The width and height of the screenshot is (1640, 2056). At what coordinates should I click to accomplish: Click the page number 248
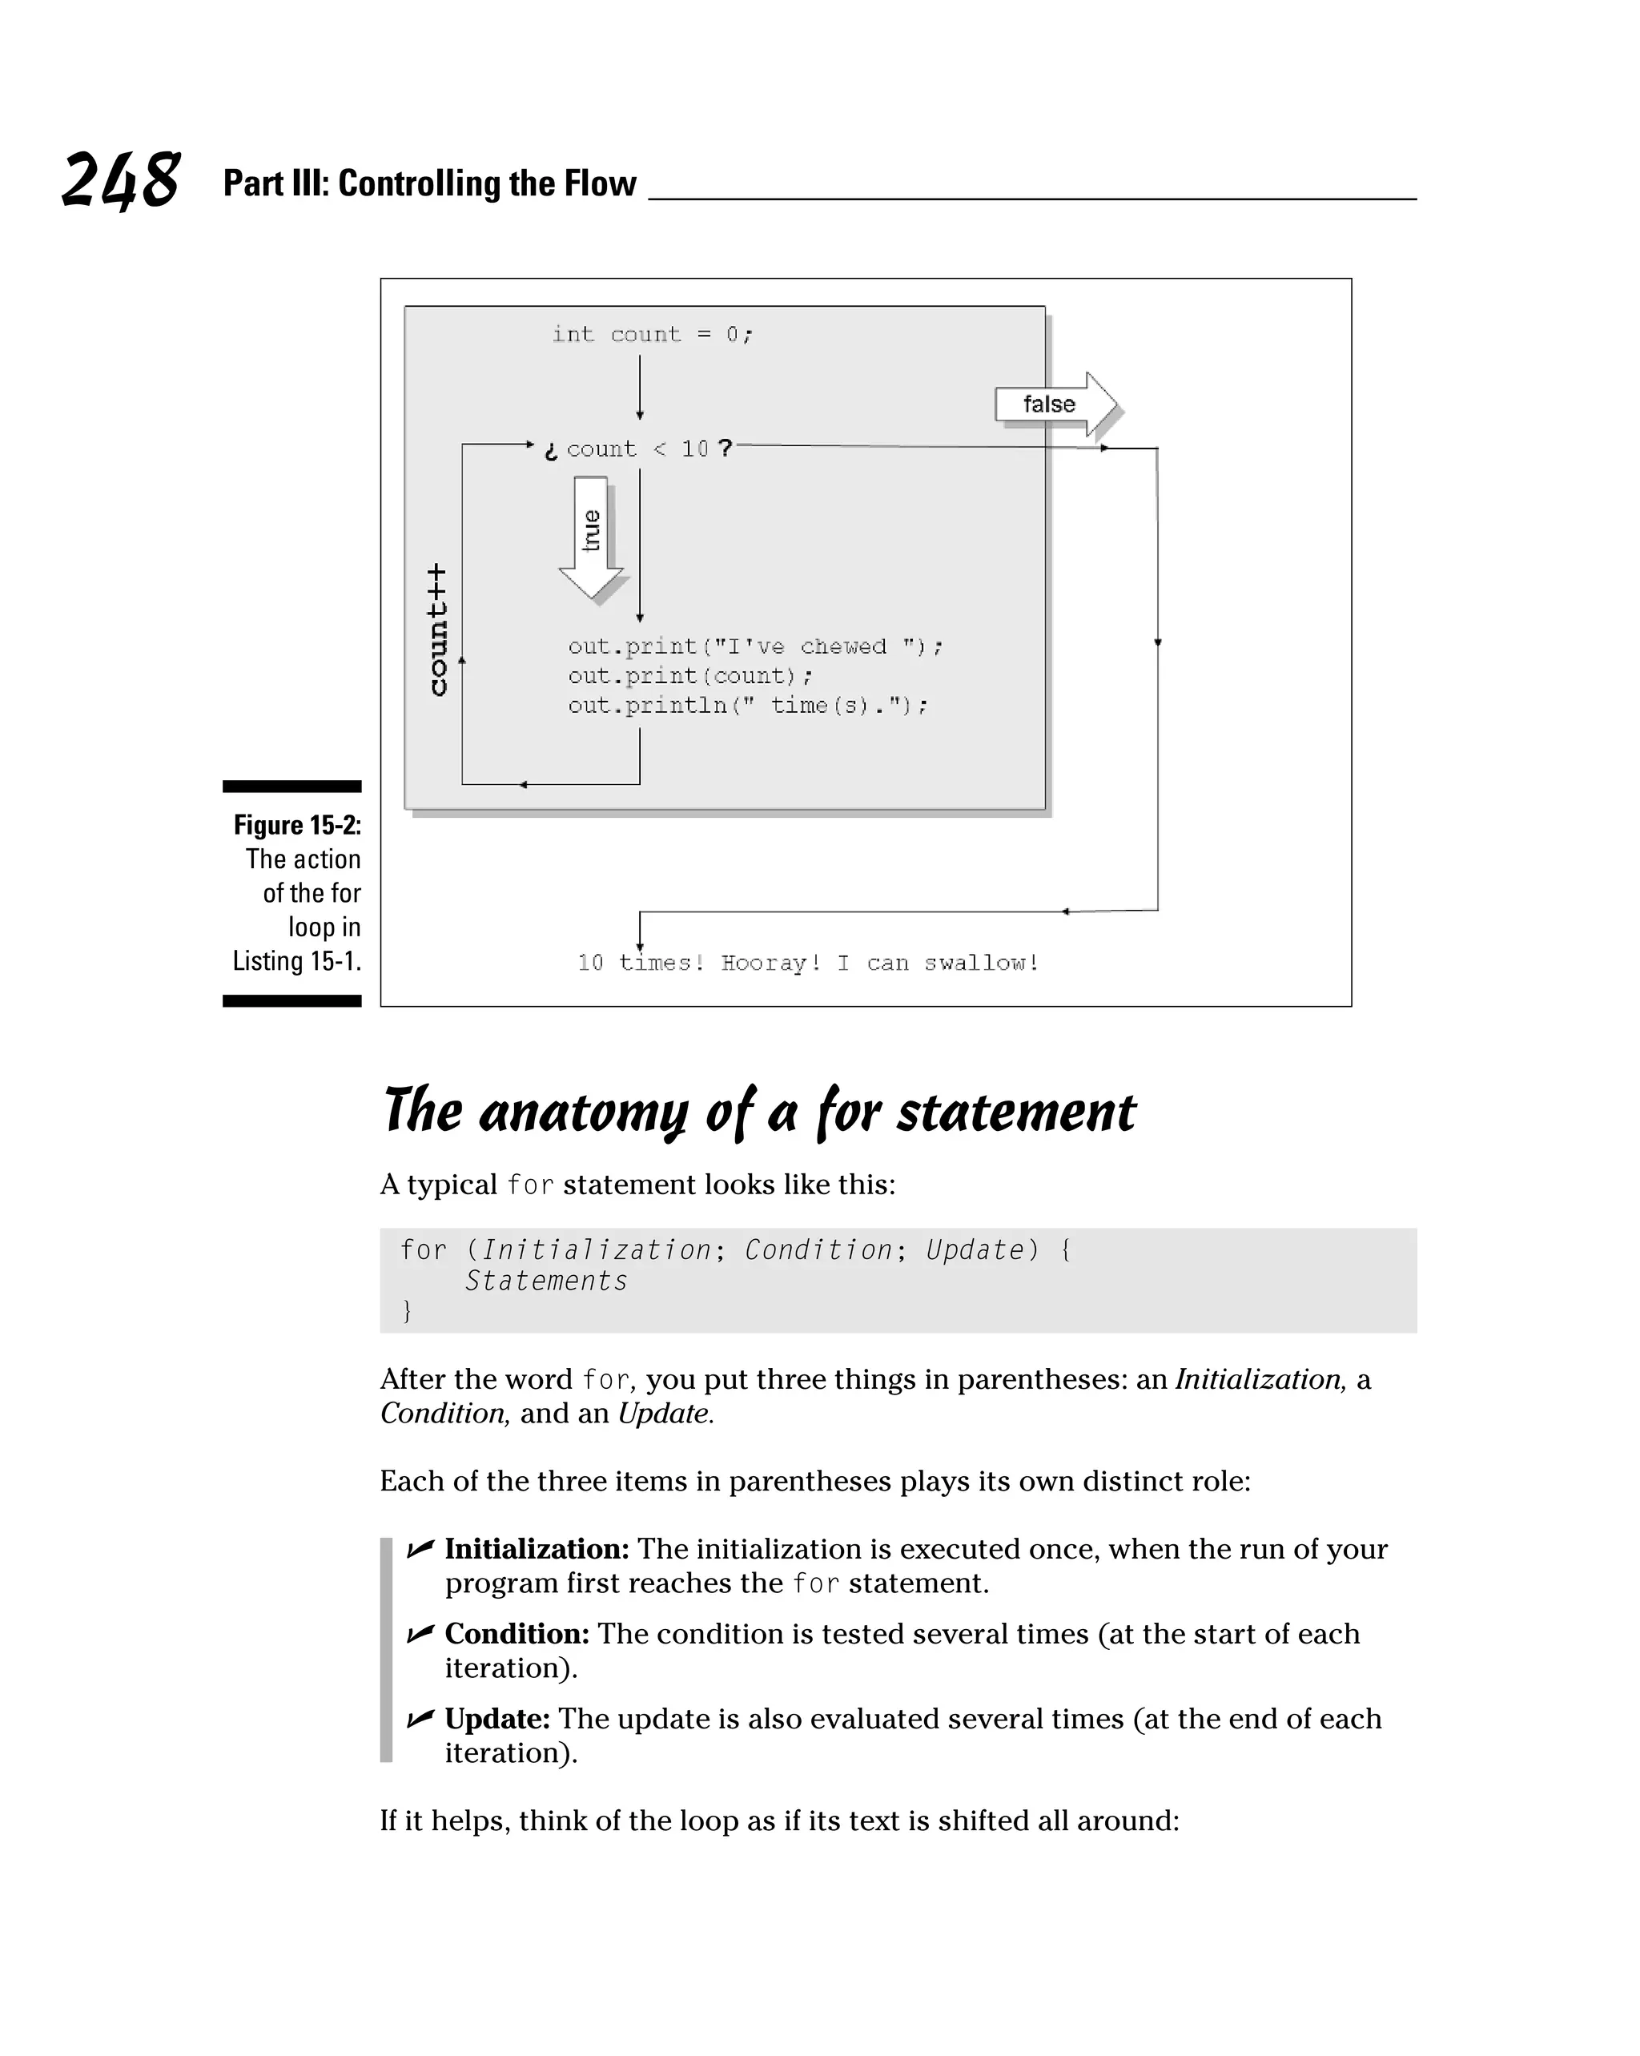click(x=120, y=180)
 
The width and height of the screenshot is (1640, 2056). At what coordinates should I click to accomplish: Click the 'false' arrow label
click(x=1049, y=404)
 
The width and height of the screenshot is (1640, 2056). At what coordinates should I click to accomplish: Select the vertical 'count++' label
click(x=436, y=630)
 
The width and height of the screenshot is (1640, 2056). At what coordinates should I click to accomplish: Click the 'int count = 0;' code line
click(x=652, y=335)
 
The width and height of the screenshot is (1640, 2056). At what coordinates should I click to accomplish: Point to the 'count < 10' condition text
click(x=637, y=449)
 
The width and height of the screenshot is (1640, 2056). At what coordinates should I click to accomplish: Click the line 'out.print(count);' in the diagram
click(x=690, y=676)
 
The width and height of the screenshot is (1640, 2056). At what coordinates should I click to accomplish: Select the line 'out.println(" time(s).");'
click(x=748, y=706)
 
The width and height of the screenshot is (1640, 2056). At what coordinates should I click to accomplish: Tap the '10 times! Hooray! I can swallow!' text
click(x=808, y=964)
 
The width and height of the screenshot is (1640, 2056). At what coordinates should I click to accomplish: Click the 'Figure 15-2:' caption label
click(x=297, y=825)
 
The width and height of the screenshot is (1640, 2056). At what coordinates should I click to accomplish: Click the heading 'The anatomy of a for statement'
click(x=759, y=1112)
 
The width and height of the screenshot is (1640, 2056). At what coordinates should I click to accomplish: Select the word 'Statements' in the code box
click(x=546, y=1281)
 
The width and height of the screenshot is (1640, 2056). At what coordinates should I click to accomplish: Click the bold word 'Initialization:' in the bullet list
click(x=537, y=1549)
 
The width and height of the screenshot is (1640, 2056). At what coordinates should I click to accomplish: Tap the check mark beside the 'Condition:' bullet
click(x=420, y=1635)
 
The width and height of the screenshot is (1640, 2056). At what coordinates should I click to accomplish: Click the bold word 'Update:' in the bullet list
click(x=496, y=1719)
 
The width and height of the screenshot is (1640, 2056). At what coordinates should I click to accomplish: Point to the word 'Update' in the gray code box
click(x=975, y=1250)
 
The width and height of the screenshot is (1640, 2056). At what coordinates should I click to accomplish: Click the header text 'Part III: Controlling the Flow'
click(x=429, y=183)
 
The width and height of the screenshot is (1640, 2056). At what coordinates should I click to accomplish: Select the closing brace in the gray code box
click(x=407, y=1311)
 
